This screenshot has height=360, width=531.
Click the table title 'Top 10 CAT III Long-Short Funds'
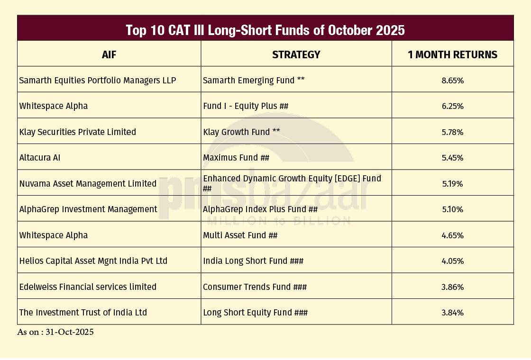pyautogui.click(x=265, y=30)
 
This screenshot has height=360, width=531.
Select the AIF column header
pyautogui.click(x=109, y=54)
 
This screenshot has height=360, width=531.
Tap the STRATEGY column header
pyautogui.click(x=296, y=54)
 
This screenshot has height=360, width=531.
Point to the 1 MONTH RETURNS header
pyautogui.click(x=452, y=54)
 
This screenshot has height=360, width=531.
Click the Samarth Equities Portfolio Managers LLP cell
pyautogui.click(x=98, y=80)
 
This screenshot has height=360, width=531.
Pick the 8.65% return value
pyautogui.click(x=452, y=81)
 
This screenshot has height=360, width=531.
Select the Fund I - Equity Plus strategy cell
pyautogui.click(x=246, y=106)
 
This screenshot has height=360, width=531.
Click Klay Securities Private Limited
pyautogui.click(x=78, y=132)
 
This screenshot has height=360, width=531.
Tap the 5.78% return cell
pyautogui.click(x=452, y=132)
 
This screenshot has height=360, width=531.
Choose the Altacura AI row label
pyautogui.click(x=40, y=158)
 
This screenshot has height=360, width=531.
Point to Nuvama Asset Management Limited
pyautogui.click(x=88, y=183)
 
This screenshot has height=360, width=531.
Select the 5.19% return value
pyautogui.click(x=452, y=184)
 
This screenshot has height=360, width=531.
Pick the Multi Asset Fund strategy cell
pyautogui.click(x=240, y=235)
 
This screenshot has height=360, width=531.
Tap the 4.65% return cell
pyautogui.click(x=452, y=235)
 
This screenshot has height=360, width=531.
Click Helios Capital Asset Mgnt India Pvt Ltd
pyautogui.click(x=93, y=261)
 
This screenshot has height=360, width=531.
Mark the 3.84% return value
pyautogui.click(x=452, y=313)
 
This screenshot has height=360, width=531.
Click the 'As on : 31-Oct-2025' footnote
pyautogui.click(x=55, y=332)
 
